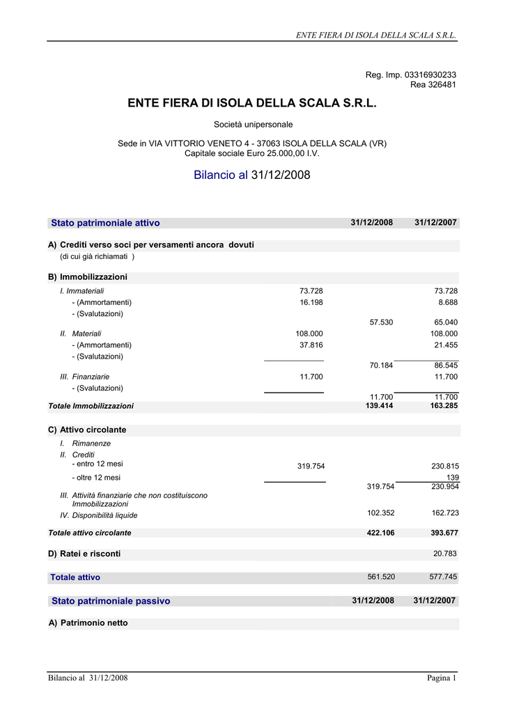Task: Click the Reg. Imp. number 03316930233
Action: [x=430, y=75]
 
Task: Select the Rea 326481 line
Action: [x=433, y=84]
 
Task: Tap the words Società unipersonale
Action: [x=253, y=125]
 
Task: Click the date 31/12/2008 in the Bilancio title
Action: [x=281, y=175]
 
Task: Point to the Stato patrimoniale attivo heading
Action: [x=105, y=223]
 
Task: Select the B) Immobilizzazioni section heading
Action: [x=88, y=277]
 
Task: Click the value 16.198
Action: [x=311, y=303]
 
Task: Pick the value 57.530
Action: [x=381, y=322]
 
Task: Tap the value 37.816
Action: [x=311, y=345]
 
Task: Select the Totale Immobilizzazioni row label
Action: [x=91, y=406]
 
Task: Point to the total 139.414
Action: [x=379, y=405]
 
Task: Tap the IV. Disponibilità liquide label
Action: [x=99, y=516]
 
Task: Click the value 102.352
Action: [x=381, y=513]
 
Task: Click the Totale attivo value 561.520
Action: [x=381, y=577]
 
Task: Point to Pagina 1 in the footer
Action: [x=442, y=678]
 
